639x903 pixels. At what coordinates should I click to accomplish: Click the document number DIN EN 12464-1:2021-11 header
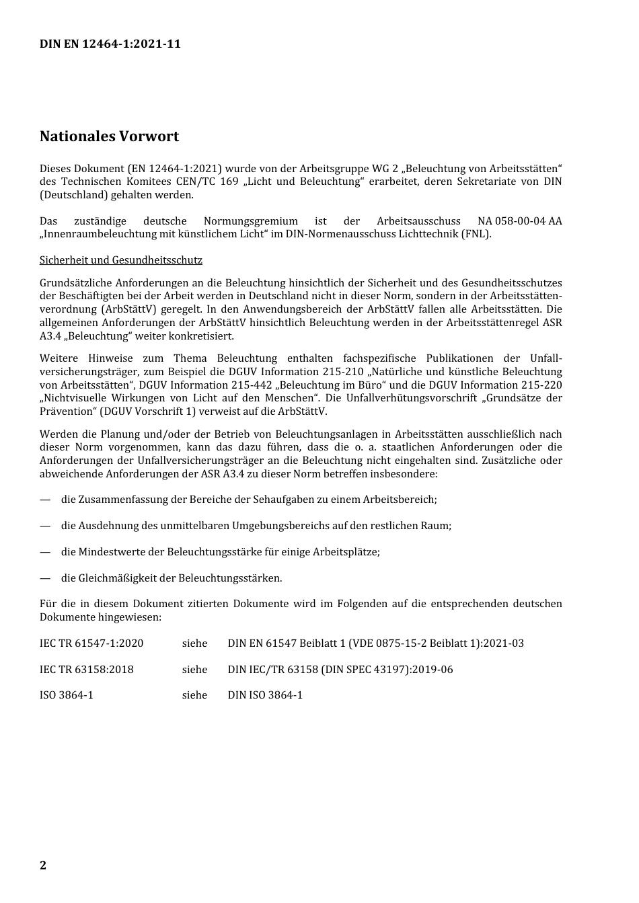tap(110, 44)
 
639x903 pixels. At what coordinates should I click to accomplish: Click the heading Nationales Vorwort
tap(109, 136)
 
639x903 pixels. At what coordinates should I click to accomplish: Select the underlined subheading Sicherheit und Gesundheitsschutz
tap(120, 260)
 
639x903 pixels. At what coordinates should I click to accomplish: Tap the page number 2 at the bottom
tap(43, 865)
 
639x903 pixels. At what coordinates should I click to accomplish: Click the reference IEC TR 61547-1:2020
tap(91, 643)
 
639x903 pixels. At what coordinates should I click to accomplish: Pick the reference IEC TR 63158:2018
tap(87, 670)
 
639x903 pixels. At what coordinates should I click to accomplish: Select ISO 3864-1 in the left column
tap(67, 695)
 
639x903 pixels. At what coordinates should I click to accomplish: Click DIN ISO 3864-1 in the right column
tap(265, 695)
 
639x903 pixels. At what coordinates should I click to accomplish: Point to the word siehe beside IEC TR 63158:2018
tap(194, 670)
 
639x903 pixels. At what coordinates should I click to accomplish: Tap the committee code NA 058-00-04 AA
tap(519, 221)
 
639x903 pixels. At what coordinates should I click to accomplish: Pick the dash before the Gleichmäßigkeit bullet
tap(45, 578)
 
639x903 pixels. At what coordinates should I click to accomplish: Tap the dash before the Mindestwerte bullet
tap(45, 552)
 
